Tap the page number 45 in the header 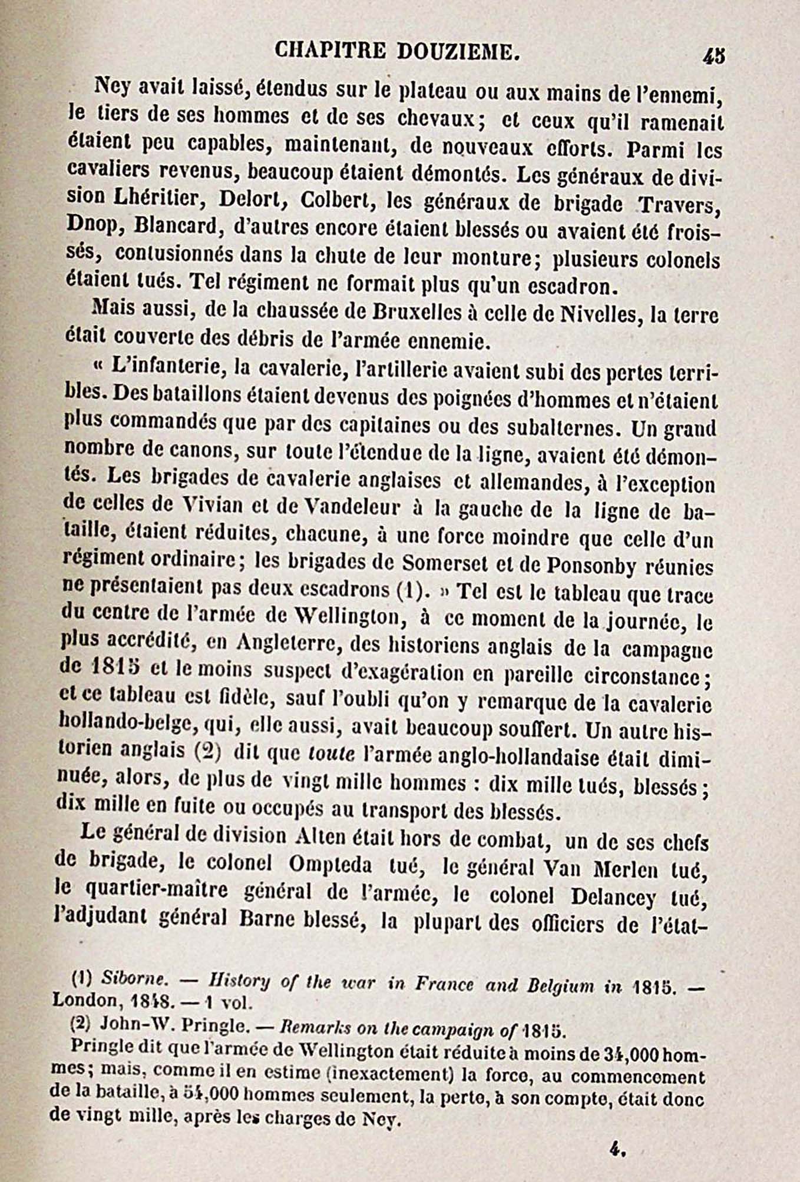click(713, 56)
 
